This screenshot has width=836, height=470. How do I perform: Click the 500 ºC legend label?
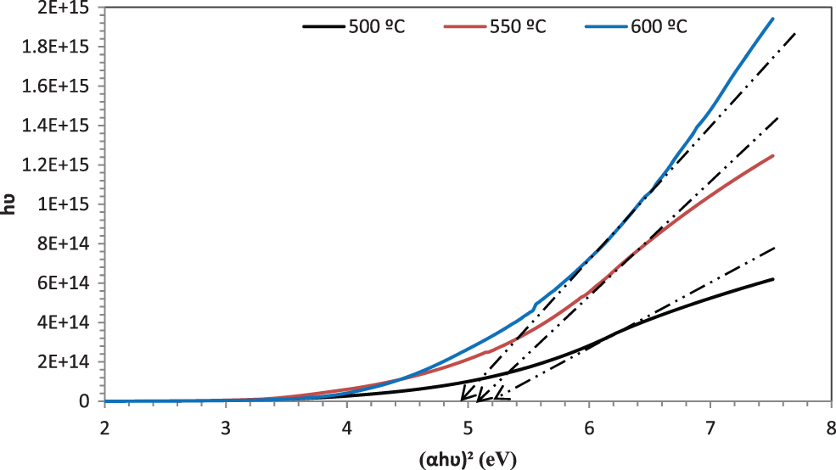tap(377, 26)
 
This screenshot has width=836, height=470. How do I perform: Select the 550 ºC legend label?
tap(518, 26)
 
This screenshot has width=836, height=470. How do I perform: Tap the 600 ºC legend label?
tap(659, 26)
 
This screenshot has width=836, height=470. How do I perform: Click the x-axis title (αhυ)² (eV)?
tap(467, 459)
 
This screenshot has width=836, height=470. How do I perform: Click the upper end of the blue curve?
tap(773, 19)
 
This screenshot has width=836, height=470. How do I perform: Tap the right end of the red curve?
tap(773, 155)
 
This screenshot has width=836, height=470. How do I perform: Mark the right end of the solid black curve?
tap(773, 279)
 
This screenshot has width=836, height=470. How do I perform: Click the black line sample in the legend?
tap(323, 26)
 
